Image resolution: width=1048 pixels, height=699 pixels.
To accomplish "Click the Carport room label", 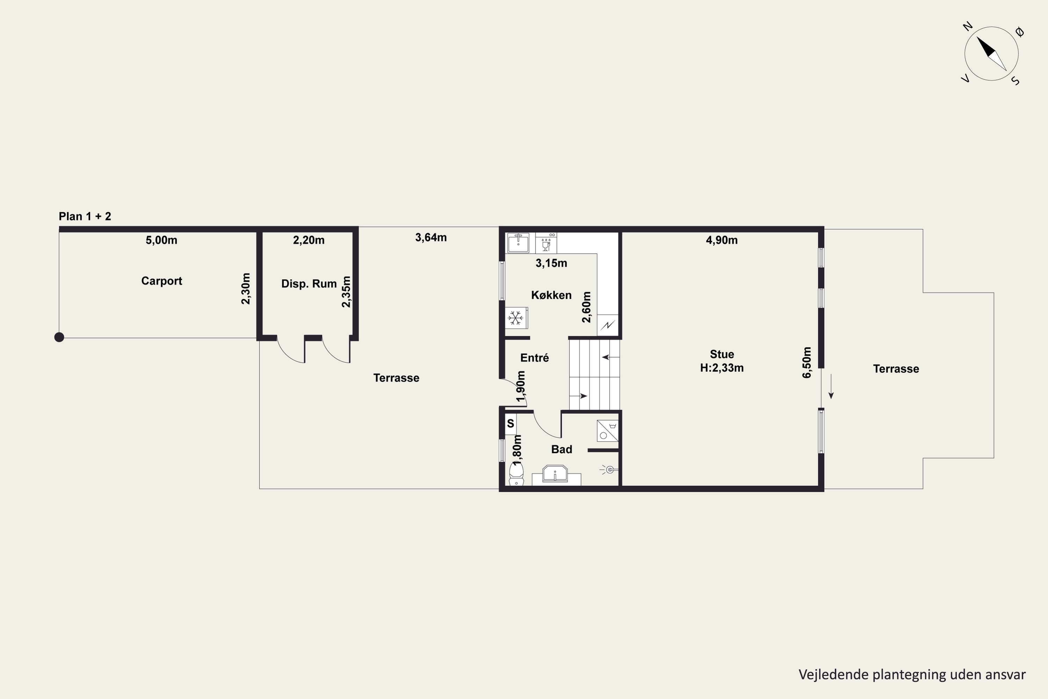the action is point(161,281).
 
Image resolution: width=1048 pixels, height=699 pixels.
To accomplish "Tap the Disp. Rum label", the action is point(309,284).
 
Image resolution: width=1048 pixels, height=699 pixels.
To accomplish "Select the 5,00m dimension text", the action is point(161,240).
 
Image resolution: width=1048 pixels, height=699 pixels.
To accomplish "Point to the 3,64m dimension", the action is point(431,238).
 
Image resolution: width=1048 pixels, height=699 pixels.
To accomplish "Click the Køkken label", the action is point(551,295).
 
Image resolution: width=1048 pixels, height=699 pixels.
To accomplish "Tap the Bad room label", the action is point(561,449).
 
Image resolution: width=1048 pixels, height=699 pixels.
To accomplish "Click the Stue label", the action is point(722,354).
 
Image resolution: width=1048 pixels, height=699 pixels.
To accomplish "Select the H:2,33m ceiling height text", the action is point(722,368).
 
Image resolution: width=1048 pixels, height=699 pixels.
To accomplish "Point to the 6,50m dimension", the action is point(807,362).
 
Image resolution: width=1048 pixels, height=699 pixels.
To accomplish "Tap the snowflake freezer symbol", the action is point(516,318).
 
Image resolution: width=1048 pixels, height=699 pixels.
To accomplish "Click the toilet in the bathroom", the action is point(516,474).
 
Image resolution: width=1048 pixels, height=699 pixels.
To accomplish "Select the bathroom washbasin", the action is point(555,474).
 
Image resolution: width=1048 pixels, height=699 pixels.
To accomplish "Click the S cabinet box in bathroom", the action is point(511,424).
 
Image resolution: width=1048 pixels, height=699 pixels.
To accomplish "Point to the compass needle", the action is point(991,53).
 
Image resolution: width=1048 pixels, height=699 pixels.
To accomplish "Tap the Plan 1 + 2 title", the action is point(85,217).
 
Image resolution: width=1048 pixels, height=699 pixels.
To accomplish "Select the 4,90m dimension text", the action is point(722,240).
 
